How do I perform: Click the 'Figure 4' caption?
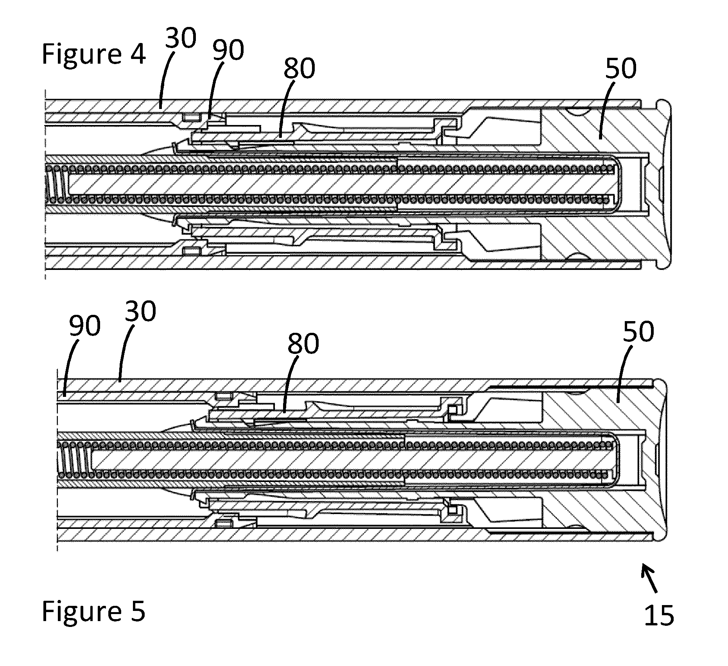[94, 54]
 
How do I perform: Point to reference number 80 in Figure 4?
[299, 69]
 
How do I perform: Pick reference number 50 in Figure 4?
[620, 69]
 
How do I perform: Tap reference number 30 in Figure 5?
[140, 311]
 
